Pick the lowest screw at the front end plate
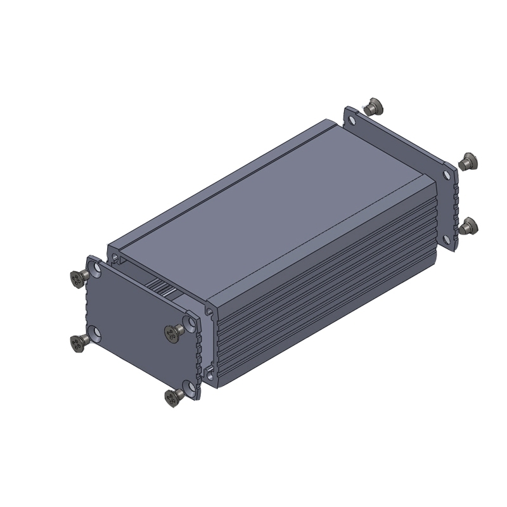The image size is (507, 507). click(x=172, y=398)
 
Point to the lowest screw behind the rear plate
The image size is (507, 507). click(x=469, y=226)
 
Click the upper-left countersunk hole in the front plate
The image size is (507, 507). click(x=96, y=269)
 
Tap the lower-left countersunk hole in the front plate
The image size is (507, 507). click(x=95, y=333)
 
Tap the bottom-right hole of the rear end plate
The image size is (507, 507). click(x=448, y=239)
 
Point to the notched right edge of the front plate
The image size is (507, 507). click(x=198, y=355)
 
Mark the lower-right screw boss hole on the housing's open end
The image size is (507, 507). click(x=208, y=369)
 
